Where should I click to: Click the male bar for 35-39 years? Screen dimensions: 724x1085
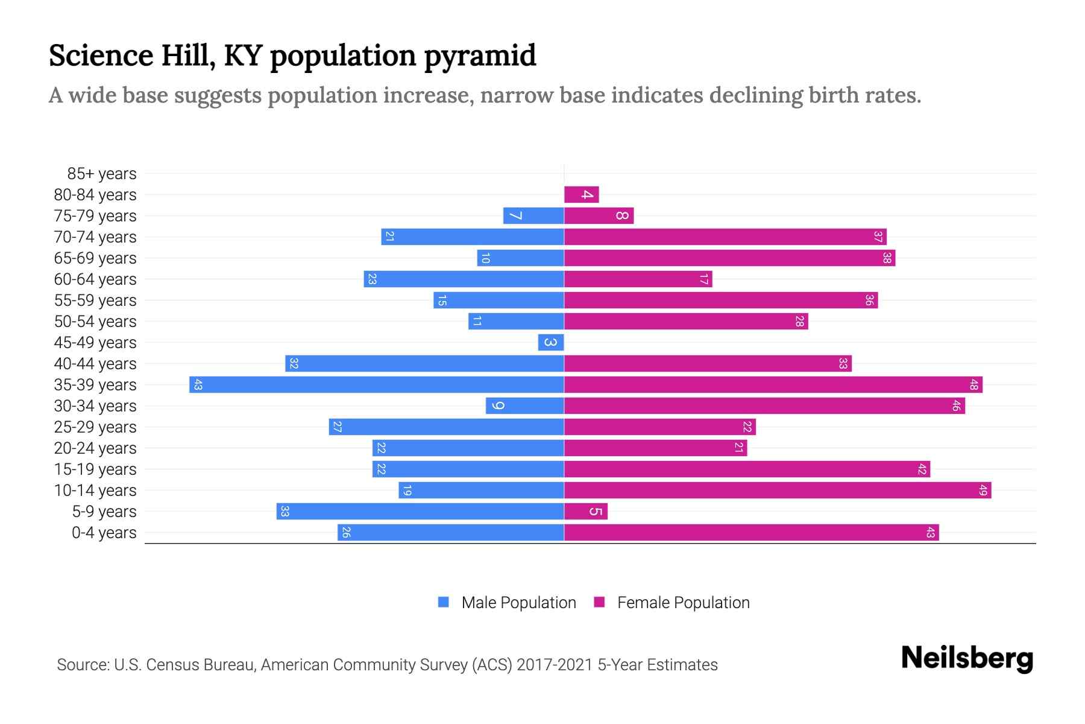point(377,384)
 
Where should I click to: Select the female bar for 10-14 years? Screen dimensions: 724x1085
point(778,490)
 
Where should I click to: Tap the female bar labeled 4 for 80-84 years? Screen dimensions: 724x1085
point(581,194)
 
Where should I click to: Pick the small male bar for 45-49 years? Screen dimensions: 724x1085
point(551,342)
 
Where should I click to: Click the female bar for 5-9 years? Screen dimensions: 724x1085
point(586,511)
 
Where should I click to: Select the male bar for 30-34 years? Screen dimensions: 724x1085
point(525,405)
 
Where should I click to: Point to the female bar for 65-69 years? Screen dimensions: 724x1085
point(729,258)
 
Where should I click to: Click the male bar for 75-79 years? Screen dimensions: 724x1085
point(533,215)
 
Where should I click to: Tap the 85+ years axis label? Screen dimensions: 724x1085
point(102,174)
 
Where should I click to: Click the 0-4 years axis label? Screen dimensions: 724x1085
point(104,533)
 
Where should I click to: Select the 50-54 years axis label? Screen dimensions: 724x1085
point(95,322)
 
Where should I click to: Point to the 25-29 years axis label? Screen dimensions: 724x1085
point(95,427)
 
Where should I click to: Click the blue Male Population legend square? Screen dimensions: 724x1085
point(444,602)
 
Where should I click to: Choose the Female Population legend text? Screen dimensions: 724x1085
point(683,602)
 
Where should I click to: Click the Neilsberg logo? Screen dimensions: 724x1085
point(967,659)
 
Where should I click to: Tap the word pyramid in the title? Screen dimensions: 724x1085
point(480,56)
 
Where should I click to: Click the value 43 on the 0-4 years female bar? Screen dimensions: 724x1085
point(930,532)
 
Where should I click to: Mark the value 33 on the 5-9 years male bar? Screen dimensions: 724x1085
point(285,511)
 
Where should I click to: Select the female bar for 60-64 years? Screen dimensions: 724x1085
point(638,279)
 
